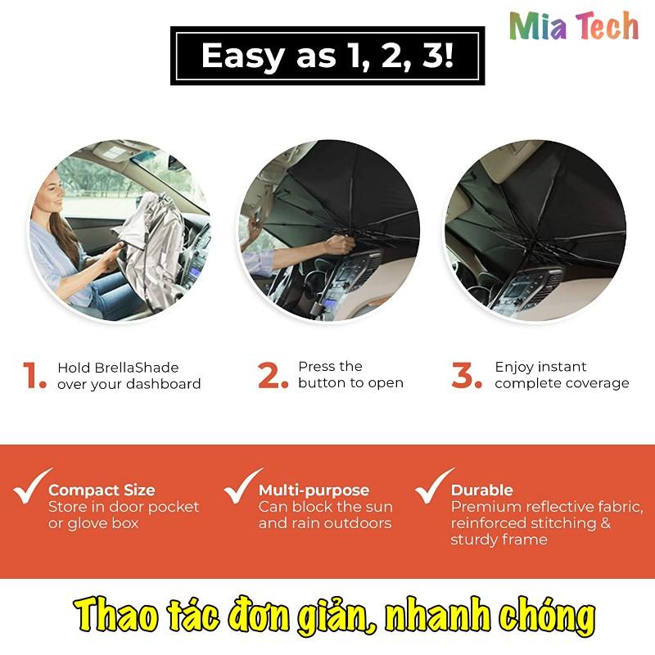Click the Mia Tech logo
(x=573, y=26)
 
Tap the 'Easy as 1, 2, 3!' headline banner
(x=327, y=56)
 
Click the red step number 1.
(x=35, y=376)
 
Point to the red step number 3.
(x=467, y=376)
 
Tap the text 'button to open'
(x=350, y=383)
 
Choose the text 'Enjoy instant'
(x=540, y=367)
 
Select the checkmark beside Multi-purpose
(x=242, y=487)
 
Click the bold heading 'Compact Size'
(x=102, y=490)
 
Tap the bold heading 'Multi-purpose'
(x=314, y=490)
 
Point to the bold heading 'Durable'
(x=482, y=490)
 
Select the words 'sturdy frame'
(x=499, y=540)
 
